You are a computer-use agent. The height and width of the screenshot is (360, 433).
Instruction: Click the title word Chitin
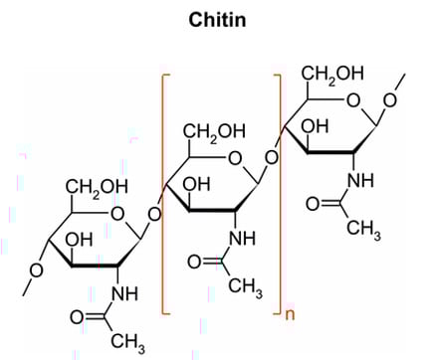pos(216,18)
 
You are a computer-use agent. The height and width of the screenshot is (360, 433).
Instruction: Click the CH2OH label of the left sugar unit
pos(97,186)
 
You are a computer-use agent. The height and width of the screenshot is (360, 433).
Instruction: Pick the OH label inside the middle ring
pos(196,185)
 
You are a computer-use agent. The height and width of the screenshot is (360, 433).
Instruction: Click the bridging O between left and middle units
pos(153,213)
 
